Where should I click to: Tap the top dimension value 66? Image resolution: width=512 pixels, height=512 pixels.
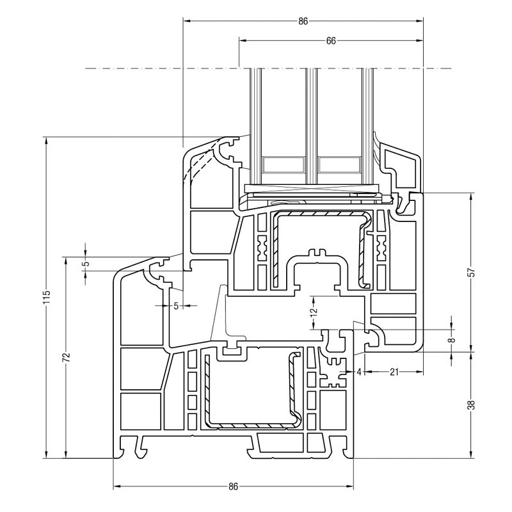pos(331,40)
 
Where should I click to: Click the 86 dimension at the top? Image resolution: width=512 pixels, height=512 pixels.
pos(303,21)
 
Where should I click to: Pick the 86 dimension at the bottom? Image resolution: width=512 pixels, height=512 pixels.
pos(233,486)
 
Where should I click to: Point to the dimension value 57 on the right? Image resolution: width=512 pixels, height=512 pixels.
pos(472,272)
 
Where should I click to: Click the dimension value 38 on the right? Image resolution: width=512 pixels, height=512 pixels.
pos(472,404)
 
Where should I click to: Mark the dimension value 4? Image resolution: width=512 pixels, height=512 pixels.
pos(360,371)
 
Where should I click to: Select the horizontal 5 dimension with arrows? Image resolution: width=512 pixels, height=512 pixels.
pos(176,306)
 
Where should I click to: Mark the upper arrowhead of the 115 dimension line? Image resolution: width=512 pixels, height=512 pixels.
pos(46,139)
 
